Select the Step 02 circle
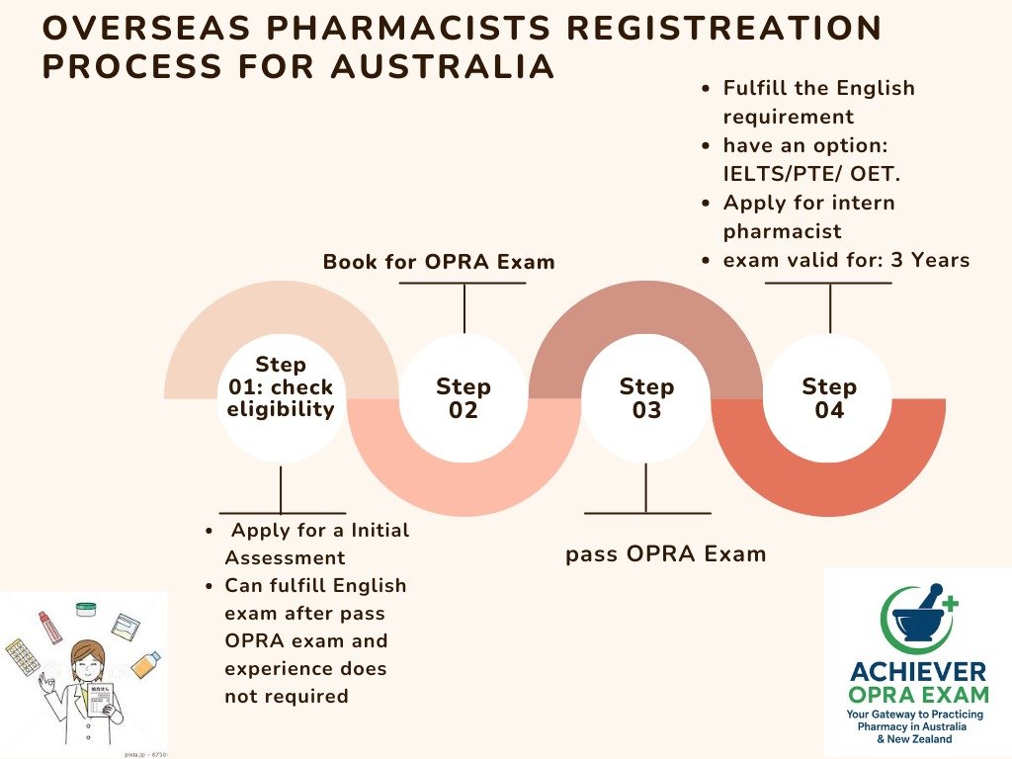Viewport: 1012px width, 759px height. coord(464,398)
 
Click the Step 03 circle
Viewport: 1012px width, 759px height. coord(646,398)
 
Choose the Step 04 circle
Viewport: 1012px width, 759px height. coord(829,398)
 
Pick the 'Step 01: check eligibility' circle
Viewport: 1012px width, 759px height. coord(281,388)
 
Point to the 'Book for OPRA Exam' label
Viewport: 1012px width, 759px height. coord(439,262)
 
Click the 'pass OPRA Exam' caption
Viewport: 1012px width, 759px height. coord(665,554)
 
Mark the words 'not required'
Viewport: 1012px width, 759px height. coord(287,696)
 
